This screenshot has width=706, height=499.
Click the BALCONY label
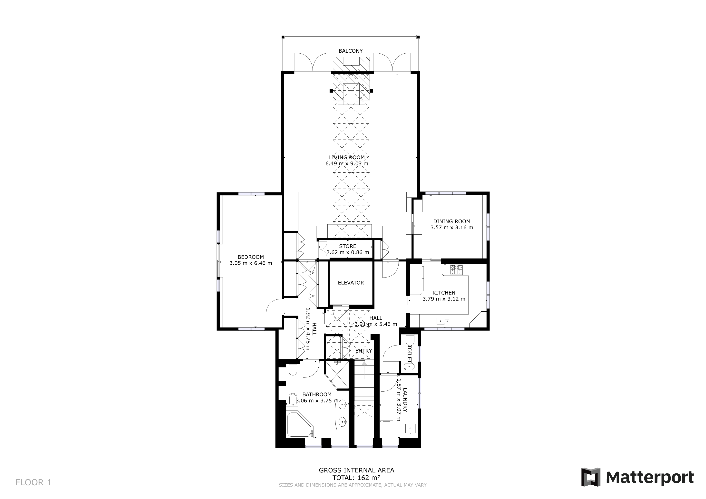pyautogui.click(x=351, y=51)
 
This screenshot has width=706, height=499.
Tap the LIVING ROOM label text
pyautogui.click(x=347, y=157)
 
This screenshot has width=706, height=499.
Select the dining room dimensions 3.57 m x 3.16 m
pyautogui.click(x=452, y=227)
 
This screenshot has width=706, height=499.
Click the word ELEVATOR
pyautogui.click(x=351, y=283)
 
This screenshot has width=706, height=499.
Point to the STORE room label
pyautogui.click(x=348, y=246)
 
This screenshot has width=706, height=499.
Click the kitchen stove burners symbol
pyautogui.click(x=456, y=269)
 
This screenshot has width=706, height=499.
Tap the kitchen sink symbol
pyautogui.click(x=443, y=321)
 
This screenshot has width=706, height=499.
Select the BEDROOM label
pyautogui.click(x=251, y=257)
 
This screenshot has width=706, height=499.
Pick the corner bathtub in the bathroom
pyautogui.click(x=300, y=425)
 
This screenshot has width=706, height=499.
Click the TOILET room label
pyautogui.click(x=409, y=353)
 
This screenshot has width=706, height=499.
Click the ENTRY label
pyautogui.click(x=363, y=351)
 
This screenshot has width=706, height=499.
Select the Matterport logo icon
pyautogui.click(x=591, y=477)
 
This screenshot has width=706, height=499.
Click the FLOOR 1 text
pyautogui.click(x=33, y=482)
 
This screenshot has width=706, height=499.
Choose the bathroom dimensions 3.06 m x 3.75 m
pyautogui.click(x=317, y=400)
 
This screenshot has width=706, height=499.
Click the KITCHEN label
pyautogui.click(x=444, y=293)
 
